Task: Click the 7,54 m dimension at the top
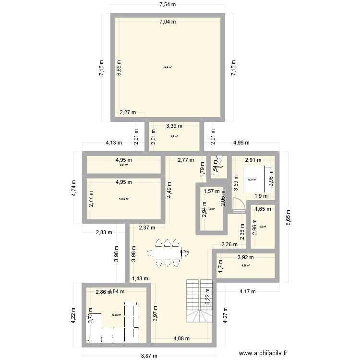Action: click(x=168, y=5)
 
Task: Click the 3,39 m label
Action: click(x=174, y=126)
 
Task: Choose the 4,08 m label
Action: click(x=181, y=339)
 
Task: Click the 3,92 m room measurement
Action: click(x=245, y=257)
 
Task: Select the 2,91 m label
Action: click(x=253, y=160)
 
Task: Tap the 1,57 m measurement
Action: click(x=211, y=191)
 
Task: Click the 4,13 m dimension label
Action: click(x=113, y=143)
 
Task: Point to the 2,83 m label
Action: click(x=103, y=232)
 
